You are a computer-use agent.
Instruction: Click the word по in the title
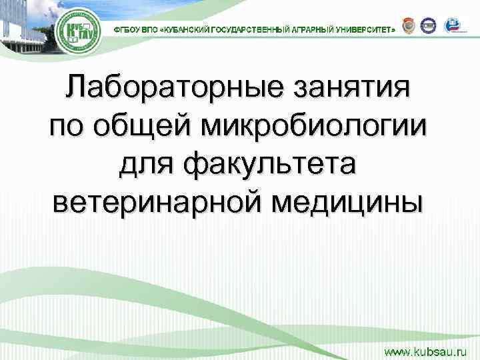click(x=70, y=126)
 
